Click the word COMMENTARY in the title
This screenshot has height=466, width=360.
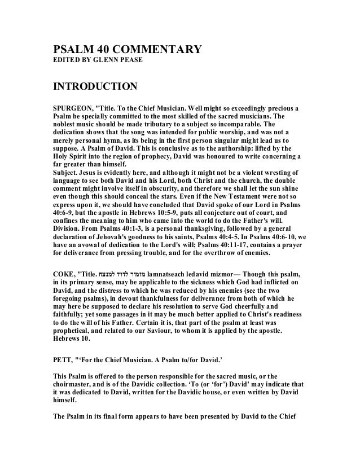149,50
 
